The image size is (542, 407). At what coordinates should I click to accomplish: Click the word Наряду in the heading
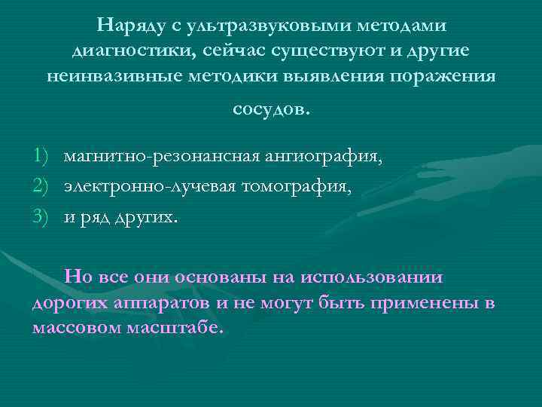pos(129,26)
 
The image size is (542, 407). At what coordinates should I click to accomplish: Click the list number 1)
pos(41,157)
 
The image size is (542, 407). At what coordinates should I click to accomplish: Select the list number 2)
pos(41,187)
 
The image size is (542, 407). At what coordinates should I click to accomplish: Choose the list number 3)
pos(41,217)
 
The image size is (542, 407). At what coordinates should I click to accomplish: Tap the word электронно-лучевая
pos(150,187)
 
